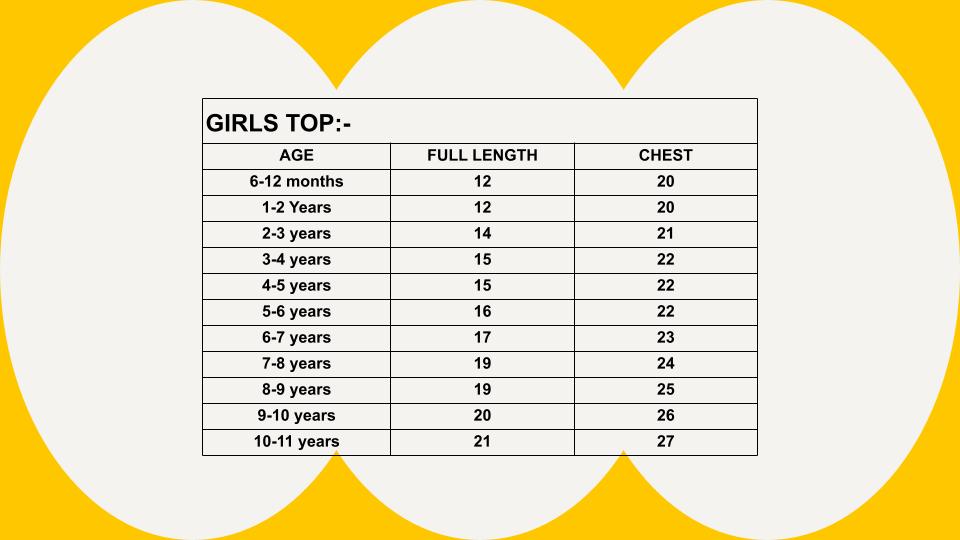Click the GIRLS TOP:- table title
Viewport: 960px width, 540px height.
click(x=278, y=123)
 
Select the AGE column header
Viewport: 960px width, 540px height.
click(x=296, y=156)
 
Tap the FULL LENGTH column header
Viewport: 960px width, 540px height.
click(x=482, y=156)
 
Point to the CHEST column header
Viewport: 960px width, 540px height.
click(x=666, y=156)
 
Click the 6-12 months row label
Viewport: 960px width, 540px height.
click(x=296, y=181)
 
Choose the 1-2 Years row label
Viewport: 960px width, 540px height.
click(x=296, y=208)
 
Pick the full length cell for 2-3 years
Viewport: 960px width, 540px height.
click(x=482, y=233)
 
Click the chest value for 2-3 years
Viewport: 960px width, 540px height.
click(x=666, y=233)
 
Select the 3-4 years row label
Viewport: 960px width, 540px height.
click(x=296, y=260)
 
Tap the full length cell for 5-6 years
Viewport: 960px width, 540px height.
click(x=482, y=311)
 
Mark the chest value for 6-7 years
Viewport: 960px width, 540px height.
click(x=666, y=337)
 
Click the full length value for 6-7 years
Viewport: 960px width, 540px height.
click(x=482, y=337)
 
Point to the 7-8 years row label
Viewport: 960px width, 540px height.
click(x=296, y=364)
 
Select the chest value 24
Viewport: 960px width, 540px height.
click(x=666, y=363)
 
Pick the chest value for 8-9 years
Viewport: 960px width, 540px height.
click(x=666, y=389)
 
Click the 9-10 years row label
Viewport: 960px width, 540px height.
click(x=296, y=416)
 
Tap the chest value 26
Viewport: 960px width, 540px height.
click(x=666, y=415)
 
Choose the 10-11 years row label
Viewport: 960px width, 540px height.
click(x=296, y=441)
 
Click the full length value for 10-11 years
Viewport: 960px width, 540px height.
click(x=482, y=441)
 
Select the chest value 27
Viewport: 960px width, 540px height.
click(x=666, y=441)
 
